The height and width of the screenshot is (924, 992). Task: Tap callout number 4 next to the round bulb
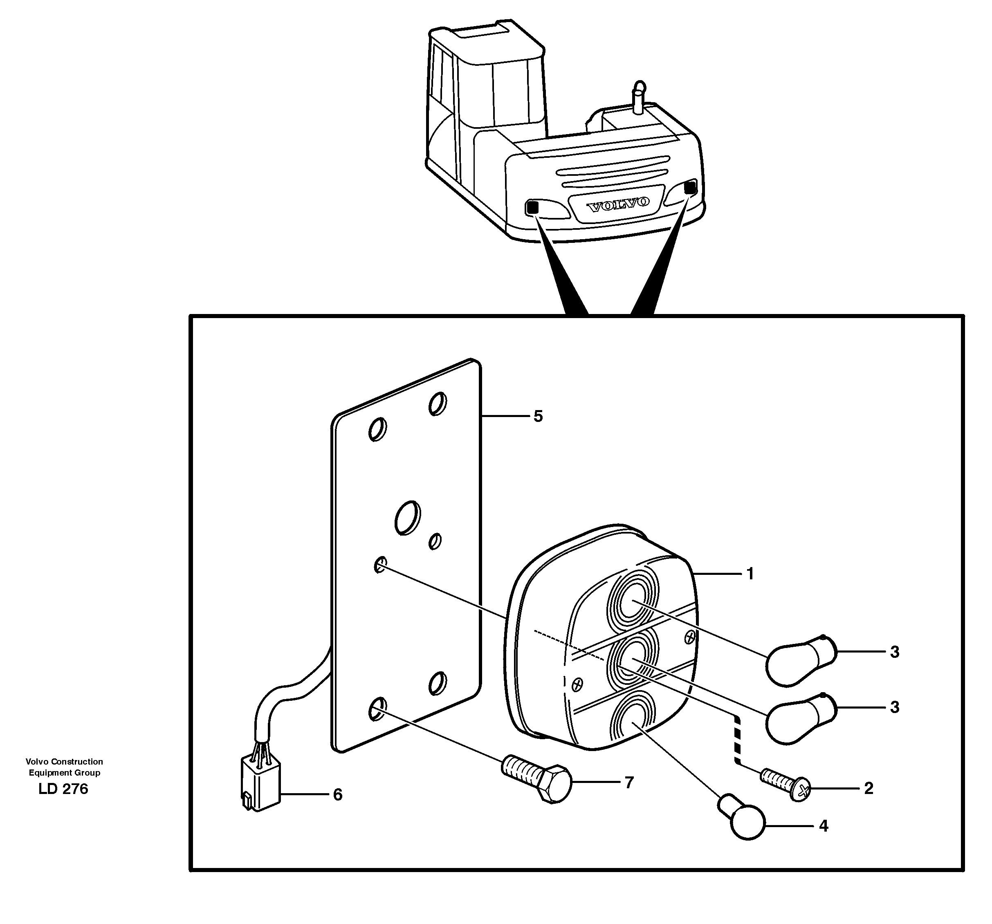824,826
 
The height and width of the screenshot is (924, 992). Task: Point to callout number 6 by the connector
338,795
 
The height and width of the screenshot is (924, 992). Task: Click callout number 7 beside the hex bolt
629,782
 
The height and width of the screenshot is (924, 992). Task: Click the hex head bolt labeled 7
539,782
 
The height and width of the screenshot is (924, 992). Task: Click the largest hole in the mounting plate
408,518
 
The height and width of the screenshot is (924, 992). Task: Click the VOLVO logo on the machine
618,204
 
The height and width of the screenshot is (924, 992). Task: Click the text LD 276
63,789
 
